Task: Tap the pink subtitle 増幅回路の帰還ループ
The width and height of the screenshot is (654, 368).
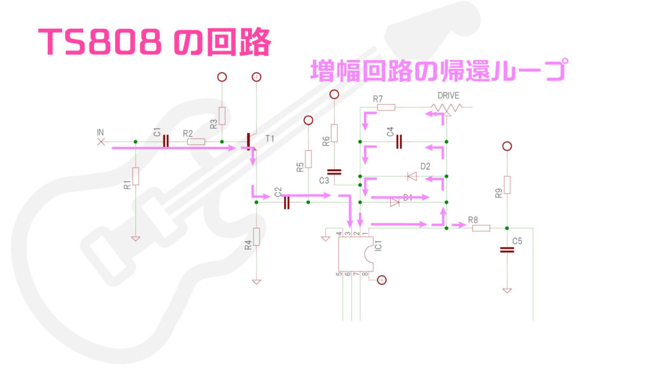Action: click(x=438, y=70)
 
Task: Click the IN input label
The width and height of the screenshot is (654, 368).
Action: click(x=100, y=132)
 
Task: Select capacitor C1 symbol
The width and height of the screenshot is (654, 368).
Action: click(x=165, y=141)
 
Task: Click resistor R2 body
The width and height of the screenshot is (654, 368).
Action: click(x=195, y=141)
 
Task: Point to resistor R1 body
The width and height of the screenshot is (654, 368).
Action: click(x=135, y=175)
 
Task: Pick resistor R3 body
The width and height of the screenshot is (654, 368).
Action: click(x=222, y=116)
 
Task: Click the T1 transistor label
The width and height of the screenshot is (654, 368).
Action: click(x=270, y=138)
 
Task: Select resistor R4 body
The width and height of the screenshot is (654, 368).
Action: click(x=256, y=237)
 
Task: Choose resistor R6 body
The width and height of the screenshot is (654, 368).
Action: click(x=334, y=133)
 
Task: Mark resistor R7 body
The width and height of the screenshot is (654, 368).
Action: click(x=386, y=107)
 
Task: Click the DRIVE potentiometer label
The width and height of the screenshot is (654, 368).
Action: click(x=448, y=96)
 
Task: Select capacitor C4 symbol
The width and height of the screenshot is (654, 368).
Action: click(x=399, y=141)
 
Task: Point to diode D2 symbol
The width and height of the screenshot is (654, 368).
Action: click(x=412, y=176)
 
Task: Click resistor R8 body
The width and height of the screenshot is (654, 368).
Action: click(x=480, y=228)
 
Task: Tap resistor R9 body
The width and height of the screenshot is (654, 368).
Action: click(x=507, y=185)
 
